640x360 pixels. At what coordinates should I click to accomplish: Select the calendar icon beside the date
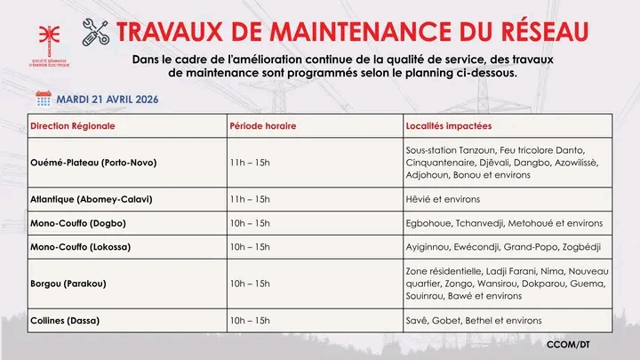coord(44,98)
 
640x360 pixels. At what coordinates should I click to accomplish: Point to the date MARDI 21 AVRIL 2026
coord(108,98)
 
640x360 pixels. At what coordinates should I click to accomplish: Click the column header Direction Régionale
coord(73,126)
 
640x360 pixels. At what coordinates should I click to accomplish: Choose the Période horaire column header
coord(262,126)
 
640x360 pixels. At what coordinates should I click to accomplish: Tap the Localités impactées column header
coord(449,126)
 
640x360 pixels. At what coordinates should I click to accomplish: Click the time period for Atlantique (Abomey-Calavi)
coord(249,200)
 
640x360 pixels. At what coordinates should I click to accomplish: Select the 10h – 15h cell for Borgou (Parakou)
coord(249,283)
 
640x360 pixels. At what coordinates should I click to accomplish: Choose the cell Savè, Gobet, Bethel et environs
coord(473,320)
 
